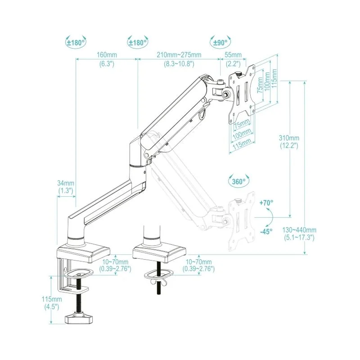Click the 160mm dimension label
[107, 55]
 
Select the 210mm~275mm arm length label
[179, 55]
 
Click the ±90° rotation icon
[220, 43]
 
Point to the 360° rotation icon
[239, 182]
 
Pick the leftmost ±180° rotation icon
[76, 43]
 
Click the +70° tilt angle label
[266, 203]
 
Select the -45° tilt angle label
[266, 232]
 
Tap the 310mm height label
[288, 138]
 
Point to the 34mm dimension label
[66, 183]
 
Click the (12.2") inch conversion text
[288, 145]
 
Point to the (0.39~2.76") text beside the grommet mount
[199, 269]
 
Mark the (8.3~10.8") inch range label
[179, 64]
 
